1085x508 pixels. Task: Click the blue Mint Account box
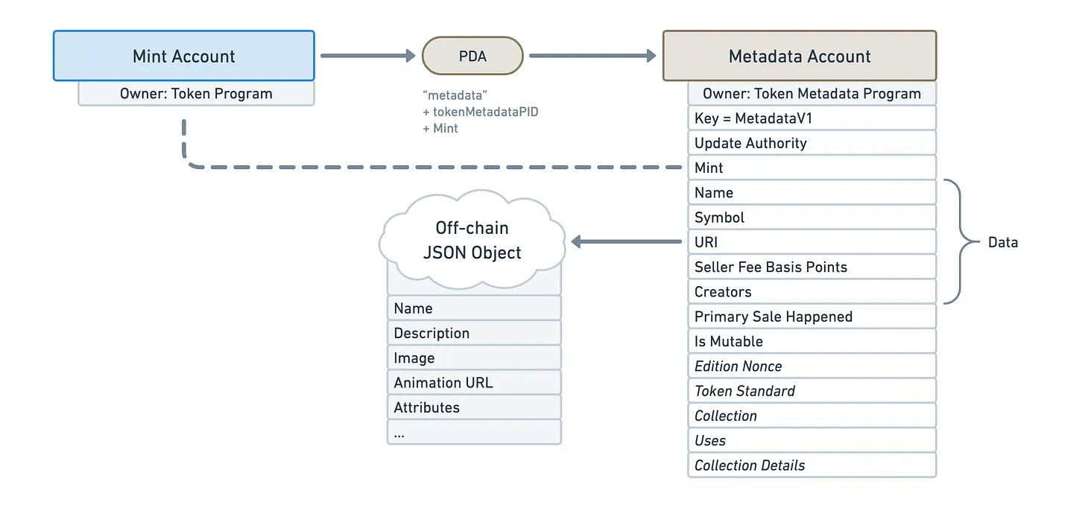pos(184,56)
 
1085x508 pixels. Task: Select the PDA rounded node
pos(472,56)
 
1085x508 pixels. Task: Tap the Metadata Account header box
pos(800,56)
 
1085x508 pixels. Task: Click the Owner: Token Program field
pos(196,93)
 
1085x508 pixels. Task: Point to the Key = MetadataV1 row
pos(812,118)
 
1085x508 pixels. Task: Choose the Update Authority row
pos(812,143)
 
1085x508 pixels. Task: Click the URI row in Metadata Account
pos(812,241)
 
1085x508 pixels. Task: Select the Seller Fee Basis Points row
pos(812,267)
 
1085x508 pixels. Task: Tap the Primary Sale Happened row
pos(812,317)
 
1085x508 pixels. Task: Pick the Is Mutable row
pos(812,341)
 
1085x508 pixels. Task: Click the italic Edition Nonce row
pos(812,366)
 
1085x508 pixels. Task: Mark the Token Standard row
pos(812,390)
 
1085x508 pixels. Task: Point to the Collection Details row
pos(812,465)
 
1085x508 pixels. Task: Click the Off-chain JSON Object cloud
pos(472,240)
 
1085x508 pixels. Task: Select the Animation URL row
pos(474,382)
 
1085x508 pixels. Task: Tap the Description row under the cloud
pos(474,333)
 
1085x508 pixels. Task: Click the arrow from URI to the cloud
pos(626,241)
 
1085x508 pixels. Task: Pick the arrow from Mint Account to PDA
pos(368,56)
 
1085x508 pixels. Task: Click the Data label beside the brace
pos(1003,242)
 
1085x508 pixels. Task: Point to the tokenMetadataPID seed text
pos(485,112)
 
